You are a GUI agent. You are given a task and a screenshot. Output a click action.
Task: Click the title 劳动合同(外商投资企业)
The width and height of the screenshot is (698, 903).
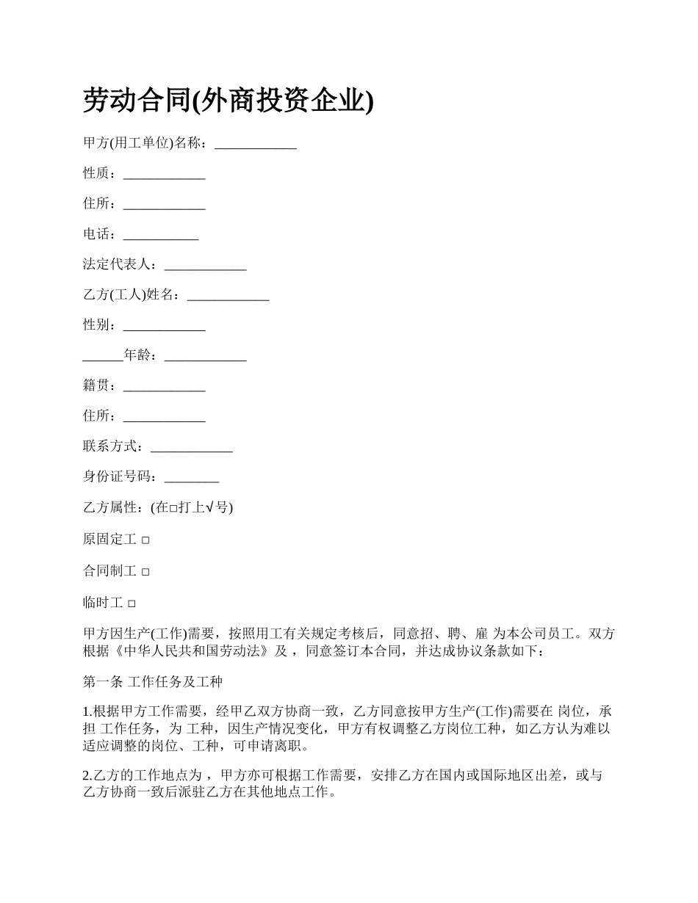229,101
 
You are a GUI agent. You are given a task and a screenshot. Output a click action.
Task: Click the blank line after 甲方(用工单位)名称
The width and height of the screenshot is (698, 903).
255,145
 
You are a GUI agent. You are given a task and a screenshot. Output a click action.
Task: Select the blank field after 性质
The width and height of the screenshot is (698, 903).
164,175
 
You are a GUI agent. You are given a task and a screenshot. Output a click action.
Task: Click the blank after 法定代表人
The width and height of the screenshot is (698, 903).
205,266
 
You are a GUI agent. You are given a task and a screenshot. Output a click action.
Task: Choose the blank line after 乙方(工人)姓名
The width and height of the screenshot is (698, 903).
228,297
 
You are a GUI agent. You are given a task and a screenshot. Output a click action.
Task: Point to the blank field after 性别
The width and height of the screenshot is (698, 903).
164,327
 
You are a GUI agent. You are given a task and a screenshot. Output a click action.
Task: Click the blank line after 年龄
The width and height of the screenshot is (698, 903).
205,358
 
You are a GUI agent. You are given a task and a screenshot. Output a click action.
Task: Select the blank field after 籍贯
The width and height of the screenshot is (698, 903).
164,388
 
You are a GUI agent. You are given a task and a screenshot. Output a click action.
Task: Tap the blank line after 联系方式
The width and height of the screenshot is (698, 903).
191,448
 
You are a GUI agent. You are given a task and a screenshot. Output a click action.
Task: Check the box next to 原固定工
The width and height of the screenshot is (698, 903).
145,540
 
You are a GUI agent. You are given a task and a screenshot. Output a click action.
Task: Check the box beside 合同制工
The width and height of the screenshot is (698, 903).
145,572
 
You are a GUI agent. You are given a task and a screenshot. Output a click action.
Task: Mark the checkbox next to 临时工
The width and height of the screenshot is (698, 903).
132,603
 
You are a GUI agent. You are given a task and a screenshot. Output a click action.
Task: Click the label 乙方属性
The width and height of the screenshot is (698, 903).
110,508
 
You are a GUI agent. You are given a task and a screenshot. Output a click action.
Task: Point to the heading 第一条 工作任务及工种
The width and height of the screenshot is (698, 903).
152,682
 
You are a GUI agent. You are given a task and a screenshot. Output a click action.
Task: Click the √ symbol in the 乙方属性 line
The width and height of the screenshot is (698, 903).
209,508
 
